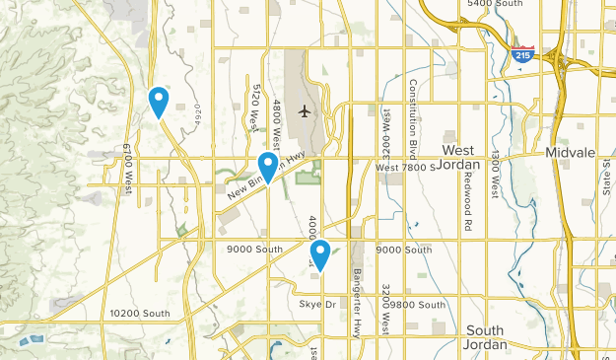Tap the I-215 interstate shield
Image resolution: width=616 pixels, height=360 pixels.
(x=521, y=55)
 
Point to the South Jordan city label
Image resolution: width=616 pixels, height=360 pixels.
(x=485, y=337)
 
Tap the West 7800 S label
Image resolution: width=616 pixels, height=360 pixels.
(x=404, y=169)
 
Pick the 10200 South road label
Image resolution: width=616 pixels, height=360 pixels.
(x=139, y=314)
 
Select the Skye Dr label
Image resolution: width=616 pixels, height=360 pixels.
(x=318, y=304)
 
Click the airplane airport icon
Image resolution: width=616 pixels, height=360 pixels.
(x=305, y=110)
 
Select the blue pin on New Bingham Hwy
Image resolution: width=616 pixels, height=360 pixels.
(x=267, y=168)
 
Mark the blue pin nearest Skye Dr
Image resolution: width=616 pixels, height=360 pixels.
(x=320, y=254)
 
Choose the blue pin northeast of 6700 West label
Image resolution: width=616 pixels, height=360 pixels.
(x=158, y=101)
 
